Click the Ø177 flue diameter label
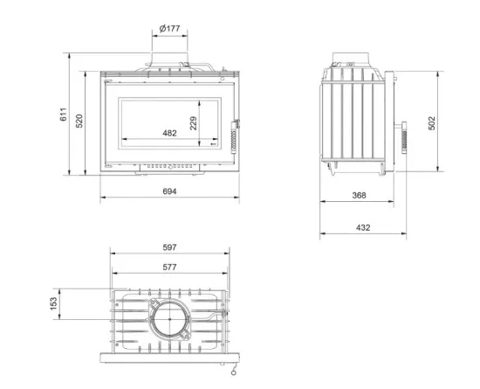[169, 29]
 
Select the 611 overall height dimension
[63, 115]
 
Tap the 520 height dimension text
[79, 122]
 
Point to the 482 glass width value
[169, 133]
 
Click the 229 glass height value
[193, 123]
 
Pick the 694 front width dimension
[169, 191]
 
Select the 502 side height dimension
[431, 123]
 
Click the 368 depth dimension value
[359, 195]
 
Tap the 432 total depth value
[363, 227]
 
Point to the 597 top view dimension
[169, 247]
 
